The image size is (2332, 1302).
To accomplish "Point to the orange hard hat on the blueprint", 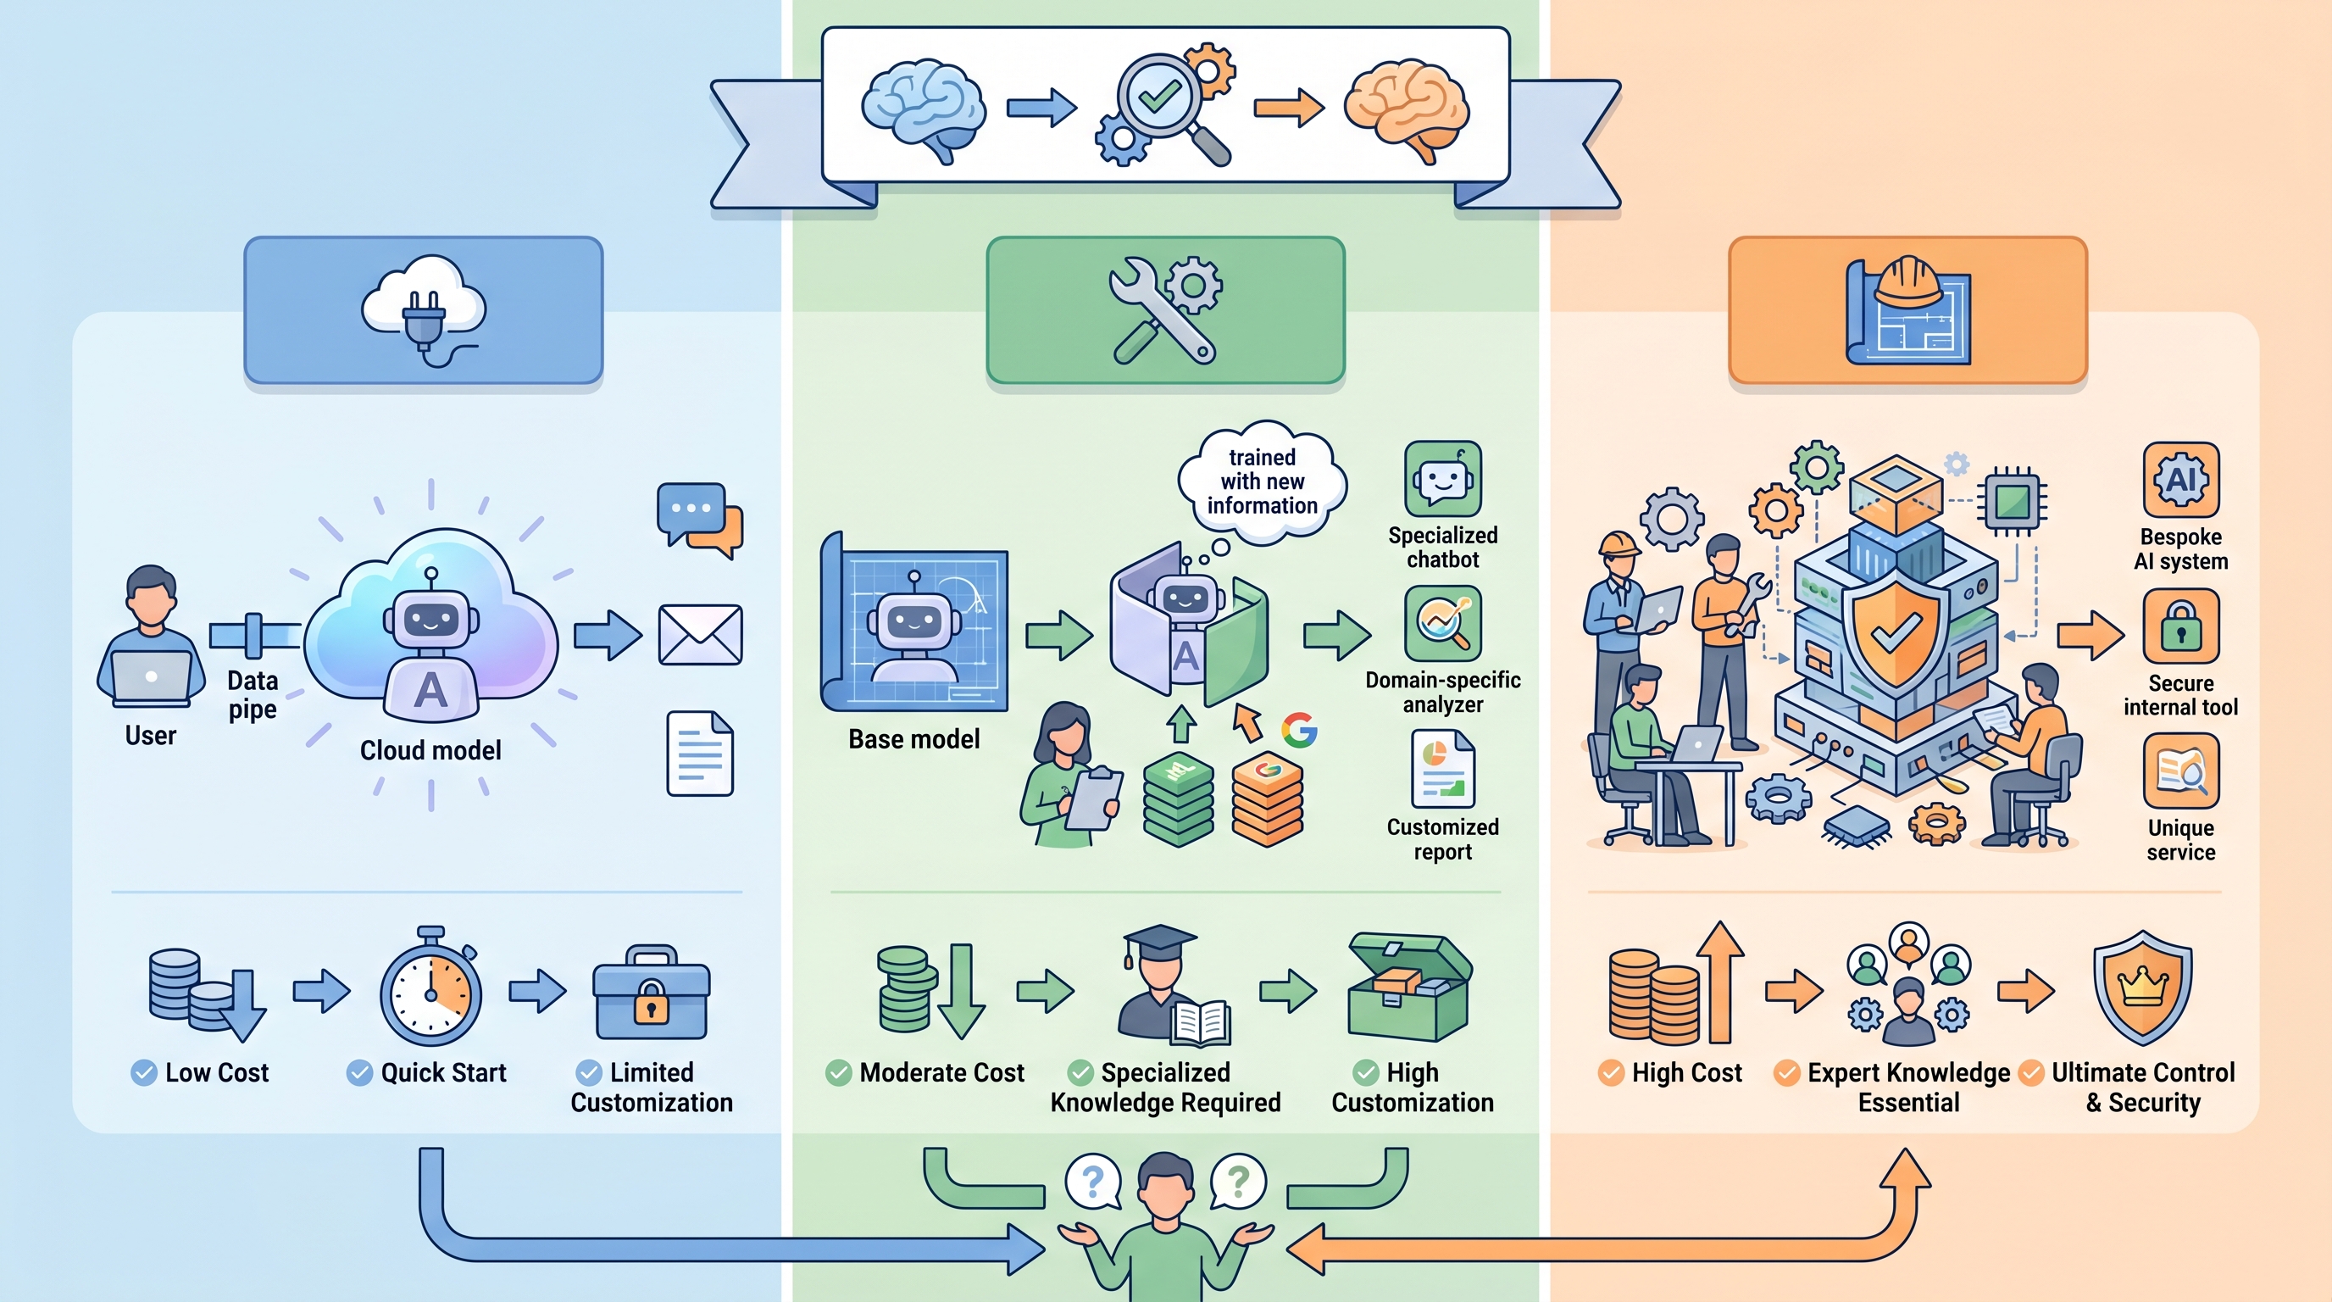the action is click(x=1907, y=281).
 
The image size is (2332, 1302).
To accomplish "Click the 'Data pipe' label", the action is click(x=253, y=694).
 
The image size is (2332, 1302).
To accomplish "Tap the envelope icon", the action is click(x=700, y=635).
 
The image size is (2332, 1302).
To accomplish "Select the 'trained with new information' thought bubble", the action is click(x=1262, y=481).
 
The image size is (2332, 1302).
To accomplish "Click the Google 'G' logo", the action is click(x=1299, y=730).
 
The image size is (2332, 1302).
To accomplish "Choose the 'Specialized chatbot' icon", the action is click(x=1443, y=479).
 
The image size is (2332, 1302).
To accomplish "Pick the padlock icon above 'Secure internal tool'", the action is click(x=2181, y=626).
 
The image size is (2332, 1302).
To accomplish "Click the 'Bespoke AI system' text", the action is click(x=2181, y=548).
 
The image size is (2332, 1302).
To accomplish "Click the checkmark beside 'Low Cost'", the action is click(x=144, y=1073).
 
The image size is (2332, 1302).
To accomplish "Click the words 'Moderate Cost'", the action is click(x=941, y=1073).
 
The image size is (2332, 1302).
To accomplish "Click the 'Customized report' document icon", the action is click(x=1443, y=770).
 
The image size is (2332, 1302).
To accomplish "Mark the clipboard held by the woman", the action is click(x=1094, y=798).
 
